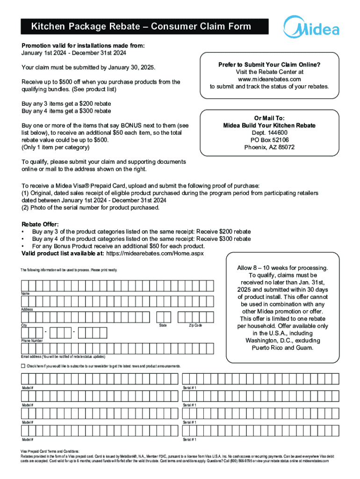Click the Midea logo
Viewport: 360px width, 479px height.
(312, 28)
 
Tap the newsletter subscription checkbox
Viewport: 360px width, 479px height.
(23, 365)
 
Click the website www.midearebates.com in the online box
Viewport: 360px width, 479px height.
(269, 79)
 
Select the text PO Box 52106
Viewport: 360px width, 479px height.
(269, 140)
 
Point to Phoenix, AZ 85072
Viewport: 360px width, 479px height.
(269, 147)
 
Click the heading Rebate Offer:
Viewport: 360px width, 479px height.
(41, 225)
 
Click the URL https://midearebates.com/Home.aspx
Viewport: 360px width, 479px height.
(155, 253)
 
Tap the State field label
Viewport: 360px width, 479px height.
(163, 325)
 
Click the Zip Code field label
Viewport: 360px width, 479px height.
(195, 325)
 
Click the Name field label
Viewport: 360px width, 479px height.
(25, 293)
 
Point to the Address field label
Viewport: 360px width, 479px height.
(27, 310)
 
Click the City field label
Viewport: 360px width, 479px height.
(24, 325)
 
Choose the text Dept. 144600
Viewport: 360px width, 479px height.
(269, 133)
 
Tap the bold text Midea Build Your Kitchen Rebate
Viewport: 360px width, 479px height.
(269, 125)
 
